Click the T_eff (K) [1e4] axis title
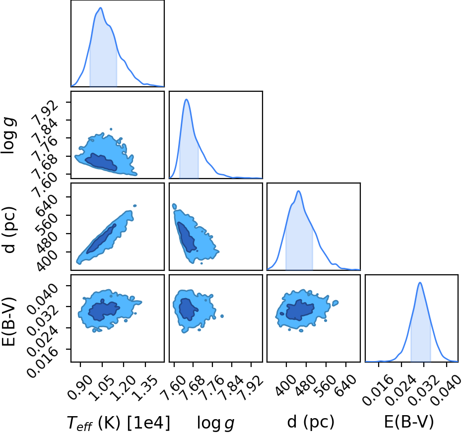119,423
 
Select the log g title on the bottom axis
215,423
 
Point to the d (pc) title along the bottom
311,422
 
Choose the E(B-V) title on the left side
8,321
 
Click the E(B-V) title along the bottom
409,422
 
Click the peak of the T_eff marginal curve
101,8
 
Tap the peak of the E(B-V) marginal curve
420,282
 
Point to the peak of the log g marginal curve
187,99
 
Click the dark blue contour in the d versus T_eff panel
101,239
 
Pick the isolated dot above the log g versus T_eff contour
111,129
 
